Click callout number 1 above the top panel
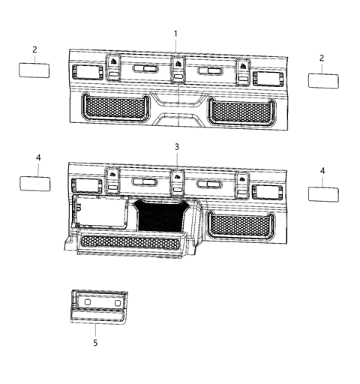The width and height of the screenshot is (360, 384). coord(175,34)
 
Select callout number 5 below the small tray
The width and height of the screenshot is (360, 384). coord(95,343)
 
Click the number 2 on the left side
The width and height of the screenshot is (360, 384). coord(34,49)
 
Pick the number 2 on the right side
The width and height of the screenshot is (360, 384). coord(322,58)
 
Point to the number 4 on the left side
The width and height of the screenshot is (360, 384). coord(37,157)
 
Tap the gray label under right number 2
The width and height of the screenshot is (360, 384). coord(323,79)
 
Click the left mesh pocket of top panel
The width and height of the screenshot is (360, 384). coord(113,108)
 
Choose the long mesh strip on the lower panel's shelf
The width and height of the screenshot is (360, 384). coord(132,241)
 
